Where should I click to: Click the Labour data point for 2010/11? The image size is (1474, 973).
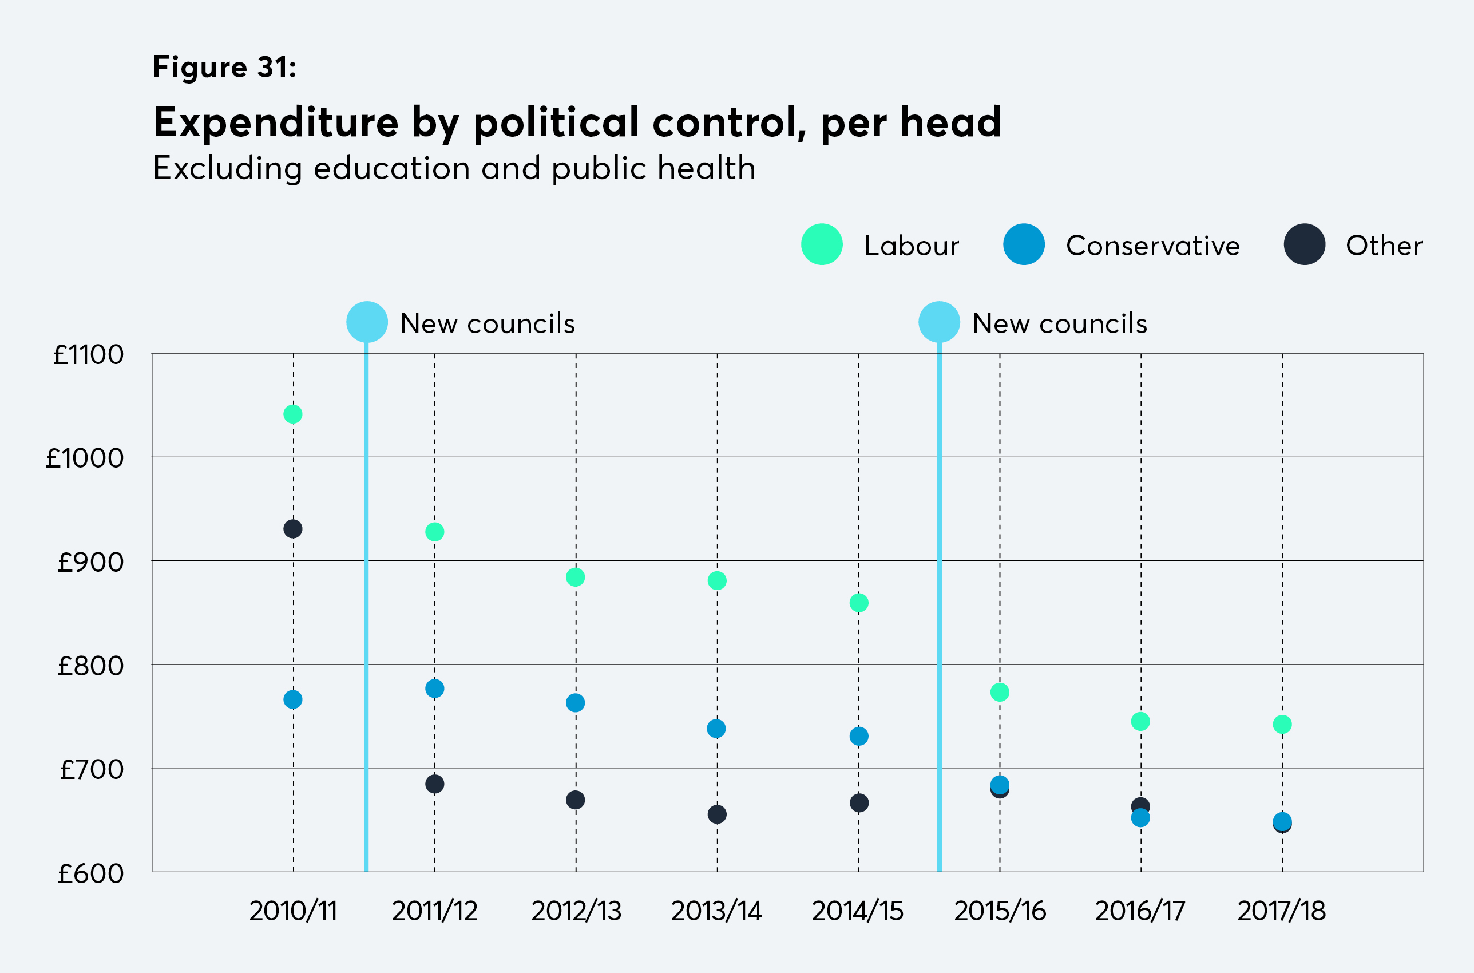click(x=293, y=414)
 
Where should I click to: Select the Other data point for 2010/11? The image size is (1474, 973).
click(x=293, y=529)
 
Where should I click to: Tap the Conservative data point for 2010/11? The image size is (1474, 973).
click(x=293, y=699)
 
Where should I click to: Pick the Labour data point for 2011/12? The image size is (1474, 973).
click(x=434, y=532)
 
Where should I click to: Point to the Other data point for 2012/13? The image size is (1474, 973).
click(x=575, y=800)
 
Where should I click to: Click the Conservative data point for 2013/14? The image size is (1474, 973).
click(x=716, y=729)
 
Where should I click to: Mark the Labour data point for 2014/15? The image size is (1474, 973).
click(x=858, y=603)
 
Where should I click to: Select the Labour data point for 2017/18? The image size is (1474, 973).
click(x=1282, y=724)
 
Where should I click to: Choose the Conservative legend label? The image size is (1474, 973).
click(x=1152, y=246)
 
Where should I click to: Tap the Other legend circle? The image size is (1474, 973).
click(x=1304, y=244)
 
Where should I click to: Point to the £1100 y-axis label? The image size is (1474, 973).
click(x=89, y=355)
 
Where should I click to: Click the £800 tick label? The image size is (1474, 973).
click(x=90, y=666)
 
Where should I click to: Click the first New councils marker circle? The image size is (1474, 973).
click(x=367, y=322)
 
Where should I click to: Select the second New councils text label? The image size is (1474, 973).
click(x=1060, y=323)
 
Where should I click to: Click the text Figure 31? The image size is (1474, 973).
click(x=224, y=67)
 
